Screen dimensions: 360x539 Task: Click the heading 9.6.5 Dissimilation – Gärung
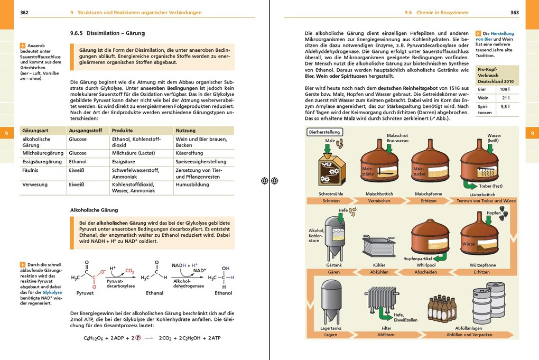click(107, 33)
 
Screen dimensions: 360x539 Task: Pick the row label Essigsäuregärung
click(42, 162)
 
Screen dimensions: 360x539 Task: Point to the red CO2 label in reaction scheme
click(129, 271)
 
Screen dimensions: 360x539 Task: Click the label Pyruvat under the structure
click(85, 293)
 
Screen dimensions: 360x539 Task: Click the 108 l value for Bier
click(506, 89)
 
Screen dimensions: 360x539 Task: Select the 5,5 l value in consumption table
click(506, 106)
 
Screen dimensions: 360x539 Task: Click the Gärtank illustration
click(334, 236)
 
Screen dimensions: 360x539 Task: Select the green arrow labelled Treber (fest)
click(468, 184)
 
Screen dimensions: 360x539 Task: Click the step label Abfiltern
click(387, 335)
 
